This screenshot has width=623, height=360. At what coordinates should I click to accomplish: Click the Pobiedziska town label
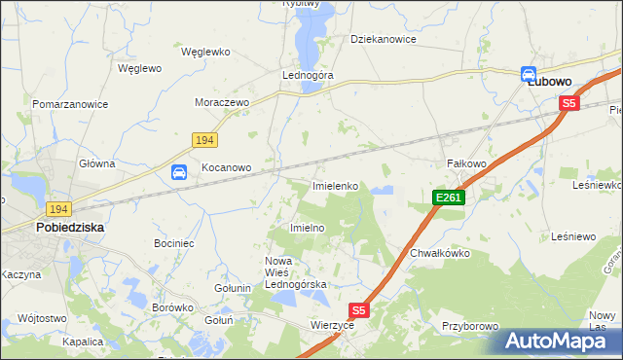(x=70, y=227)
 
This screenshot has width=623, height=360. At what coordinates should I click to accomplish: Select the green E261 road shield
(x=449, y=198)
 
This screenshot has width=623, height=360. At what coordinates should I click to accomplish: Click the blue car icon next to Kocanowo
(x=179, y=172)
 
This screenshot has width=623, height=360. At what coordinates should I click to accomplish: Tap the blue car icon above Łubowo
(x=529, y=73)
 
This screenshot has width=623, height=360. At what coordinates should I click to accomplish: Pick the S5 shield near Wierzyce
(x=359, y=310)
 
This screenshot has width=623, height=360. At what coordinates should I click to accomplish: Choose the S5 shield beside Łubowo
(x=569, y=102)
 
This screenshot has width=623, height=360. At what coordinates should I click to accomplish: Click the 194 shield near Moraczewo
(x=203, y=141)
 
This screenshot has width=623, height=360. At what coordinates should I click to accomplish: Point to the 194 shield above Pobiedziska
(x=57, y=209)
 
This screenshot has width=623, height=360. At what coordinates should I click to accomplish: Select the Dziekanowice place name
(x=384, y=40)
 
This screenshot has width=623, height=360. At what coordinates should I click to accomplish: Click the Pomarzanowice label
(x=69, y=103)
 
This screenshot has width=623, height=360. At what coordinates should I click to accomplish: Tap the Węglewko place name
(x=204, y=50)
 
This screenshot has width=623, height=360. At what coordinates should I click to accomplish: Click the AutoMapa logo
(x=558, y=342)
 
